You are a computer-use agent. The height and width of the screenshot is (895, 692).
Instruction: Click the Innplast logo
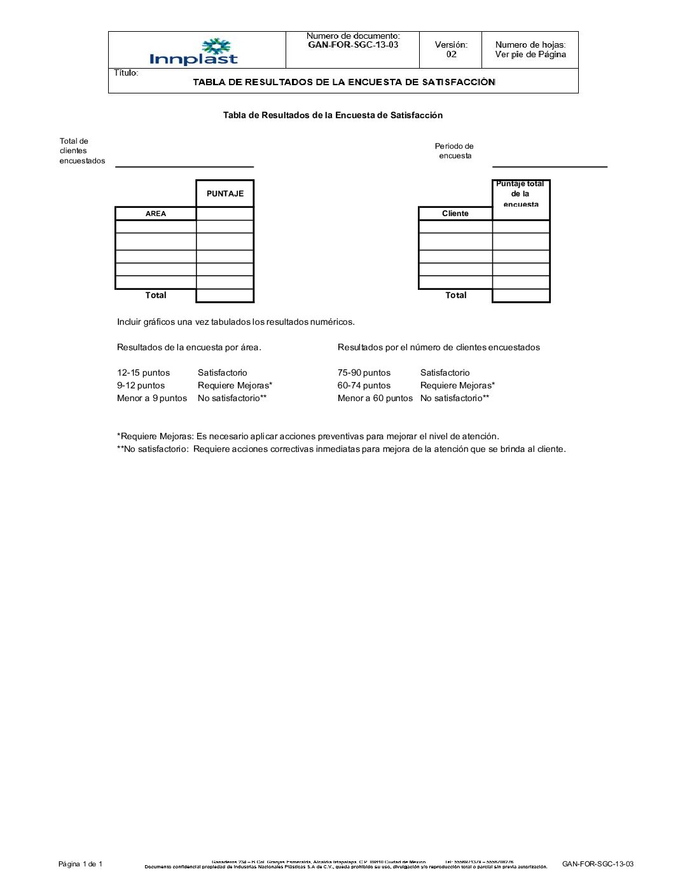pos(194,52)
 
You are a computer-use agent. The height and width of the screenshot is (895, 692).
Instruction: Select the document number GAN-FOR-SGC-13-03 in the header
pos(353,45)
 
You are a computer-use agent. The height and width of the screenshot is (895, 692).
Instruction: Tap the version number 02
pos(451,55)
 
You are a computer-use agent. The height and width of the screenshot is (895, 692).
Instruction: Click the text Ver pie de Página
pos(530,55)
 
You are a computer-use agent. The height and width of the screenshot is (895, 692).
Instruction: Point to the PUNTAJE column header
pos(225,194)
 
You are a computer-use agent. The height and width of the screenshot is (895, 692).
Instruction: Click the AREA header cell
pos(155,214)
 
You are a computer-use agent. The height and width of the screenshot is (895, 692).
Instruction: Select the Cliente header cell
pos(455,214)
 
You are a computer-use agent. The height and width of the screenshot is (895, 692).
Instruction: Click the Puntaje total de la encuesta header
pos(520,194)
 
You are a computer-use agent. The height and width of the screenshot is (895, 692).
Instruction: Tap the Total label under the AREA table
pos(155,296)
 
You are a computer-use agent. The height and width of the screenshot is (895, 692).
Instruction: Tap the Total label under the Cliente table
pos(455,296)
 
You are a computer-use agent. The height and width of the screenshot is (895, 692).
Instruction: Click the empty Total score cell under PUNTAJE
pos(225,296)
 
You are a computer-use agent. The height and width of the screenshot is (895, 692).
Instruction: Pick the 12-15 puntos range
pos(143,373)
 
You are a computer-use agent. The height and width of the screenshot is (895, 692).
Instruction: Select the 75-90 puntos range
pos(364,373)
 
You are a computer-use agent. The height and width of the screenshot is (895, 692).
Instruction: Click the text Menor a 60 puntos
pos(375,399)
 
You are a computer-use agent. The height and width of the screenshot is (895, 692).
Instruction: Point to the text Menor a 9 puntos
pos(151,399)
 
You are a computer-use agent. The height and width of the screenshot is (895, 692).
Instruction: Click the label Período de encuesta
pos(454,151)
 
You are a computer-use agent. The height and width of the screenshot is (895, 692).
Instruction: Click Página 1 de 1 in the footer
pos(80,864)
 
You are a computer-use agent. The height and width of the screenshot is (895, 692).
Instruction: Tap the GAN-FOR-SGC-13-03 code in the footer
pos(597,864)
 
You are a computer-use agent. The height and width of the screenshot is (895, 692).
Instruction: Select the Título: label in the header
pos(126,73)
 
